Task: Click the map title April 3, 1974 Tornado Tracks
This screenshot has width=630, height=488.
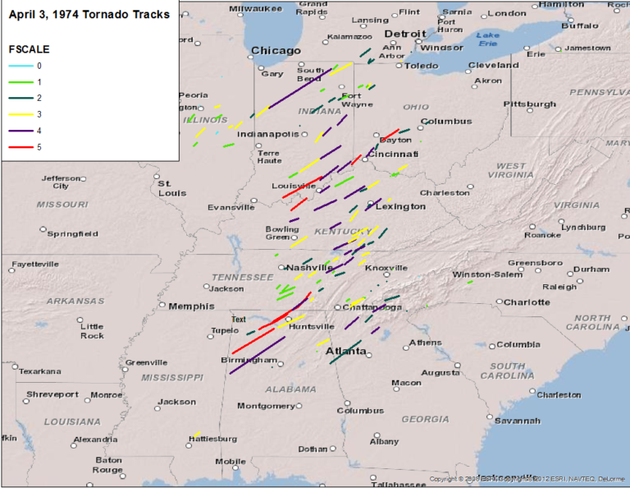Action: click(89, 14)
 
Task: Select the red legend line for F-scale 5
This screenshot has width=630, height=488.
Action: click(22, 147)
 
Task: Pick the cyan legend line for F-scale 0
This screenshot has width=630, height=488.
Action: click(22, 65)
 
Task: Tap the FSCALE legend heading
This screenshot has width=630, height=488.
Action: click(29, 48)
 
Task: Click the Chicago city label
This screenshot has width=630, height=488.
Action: click(276, 50)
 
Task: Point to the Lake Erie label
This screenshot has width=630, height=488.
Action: click(489, 38)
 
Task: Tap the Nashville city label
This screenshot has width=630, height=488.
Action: click(309, 267)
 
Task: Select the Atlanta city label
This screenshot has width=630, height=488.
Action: click(346, 351)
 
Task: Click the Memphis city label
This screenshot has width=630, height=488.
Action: click(191, 306)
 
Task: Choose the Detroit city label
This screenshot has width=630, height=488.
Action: click(405, 34)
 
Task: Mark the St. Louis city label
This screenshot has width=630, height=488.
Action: click(171, 188)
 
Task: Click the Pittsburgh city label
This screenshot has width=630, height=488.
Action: click(529, 104)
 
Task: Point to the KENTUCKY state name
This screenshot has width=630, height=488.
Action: click(337, 232)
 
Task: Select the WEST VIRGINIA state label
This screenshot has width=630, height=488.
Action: click(511, 171)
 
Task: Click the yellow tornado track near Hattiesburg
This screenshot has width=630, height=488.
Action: click(197, 434)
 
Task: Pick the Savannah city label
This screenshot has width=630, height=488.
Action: click(517, 421)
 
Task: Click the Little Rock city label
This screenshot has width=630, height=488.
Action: click(92, 330)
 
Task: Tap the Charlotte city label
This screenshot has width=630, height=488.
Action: click(527, 302)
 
